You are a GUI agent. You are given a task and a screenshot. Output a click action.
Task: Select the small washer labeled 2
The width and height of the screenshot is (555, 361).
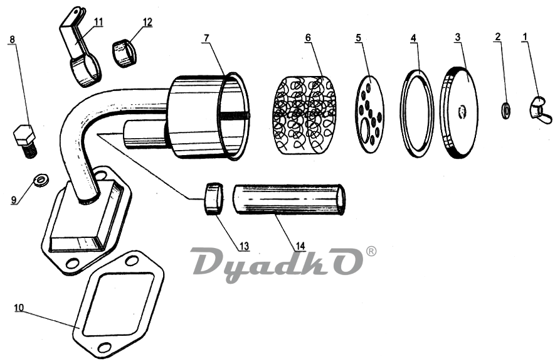point(505,110)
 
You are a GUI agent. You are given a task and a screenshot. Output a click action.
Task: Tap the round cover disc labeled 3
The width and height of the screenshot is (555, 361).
point(461,113)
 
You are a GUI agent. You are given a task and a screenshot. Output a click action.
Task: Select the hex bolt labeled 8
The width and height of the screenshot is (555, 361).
point(24,136)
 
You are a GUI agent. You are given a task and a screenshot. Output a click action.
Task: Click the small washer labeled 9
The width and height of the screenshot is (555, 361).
point(42,180)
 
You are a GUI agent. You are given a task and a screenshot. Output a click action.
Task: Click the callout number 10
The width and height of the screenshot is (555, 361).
point(19,308)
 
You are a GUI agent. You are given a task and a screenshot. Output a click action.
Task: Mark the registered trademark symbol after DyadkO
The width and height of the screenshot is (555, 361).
point(371,251)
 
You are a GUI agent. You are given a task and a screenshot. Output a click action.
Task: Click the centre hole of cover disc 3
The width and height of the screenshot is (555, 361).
point(462,112)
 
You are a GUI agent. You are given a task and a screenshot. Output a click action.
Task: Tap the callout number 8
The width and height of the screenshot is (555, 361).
point(13,40)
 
